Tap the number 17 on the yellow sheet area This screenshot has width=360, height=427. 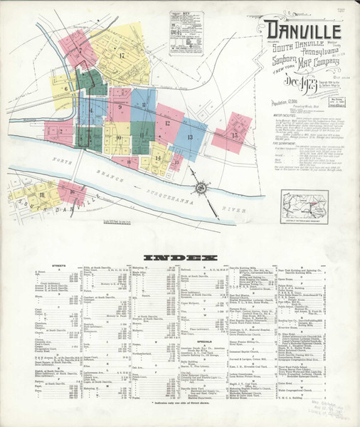tap(122, 56)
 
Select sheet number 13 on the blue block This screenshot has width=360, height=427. tap(190, 136)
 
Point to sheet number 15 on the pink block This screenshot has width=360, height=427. tap(234, 135)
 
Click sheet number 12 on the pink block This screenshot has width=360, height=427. tap(166, 123)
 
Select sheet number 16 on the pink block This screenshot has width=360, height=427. tap(71, 191)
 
